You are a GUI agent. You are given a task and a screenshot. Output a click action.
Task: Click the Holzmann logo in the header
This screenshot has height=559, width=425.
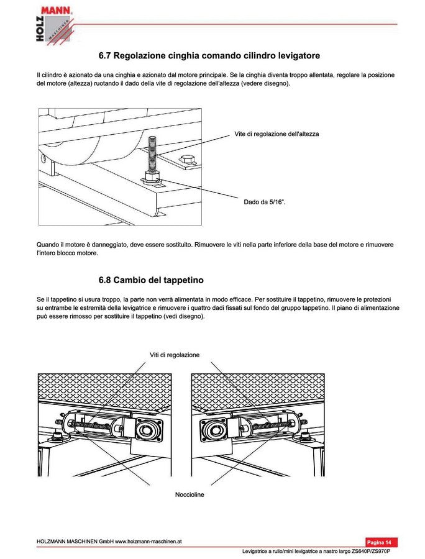(x=55, y=25)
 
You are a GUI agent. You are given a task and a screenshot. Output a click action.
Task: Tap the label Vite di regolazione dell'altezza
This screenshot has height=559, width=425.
(x=276, y=134)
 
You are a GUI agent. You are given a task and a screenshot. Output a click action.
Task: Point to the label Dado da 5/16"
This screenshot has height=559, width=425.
(x=265, y=202)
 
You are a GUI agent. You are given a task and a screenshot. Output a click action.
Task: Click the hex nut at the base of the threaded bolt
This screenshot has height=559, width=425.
(x=153, y=177)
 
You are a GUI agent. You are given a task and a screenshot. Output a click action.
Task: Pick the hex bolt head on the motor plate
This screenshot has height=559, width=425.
(x=188, y=159)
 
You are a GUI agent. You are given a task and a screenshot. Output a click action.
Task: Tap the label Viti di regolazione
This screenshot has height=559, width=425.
(x=175, y=355)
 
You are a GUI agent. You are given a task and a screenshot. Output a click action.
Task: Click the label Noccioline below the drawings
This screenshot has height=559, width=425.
(x=190, y=494)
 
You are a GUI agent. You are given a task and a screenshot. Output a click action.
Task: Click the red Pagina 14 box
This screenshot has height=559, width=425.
(x=381, y=542)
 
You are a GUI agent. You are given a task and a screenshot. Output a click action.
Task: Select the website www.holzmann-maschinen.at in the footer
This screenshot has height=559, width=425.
(x=149, y=541)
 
